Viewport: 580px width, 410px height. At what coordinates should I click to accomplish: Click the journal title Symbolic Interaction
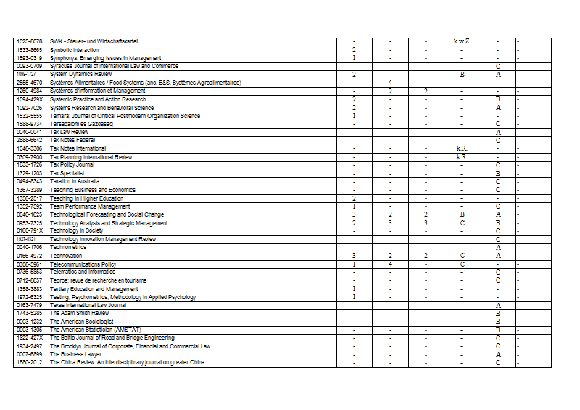pyautogui.click(x=79, y=50)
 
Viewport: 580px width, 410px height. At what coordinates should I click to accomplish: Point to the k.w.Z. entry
pyautogui.click(x=462, y=41)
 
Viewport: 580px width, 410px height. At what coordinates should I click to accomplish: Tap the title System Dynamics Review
pyautogui.click(x=80, y=75)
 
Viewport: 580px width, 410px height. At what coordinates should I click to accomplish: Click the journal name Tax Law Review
pyautogui.click(x=70, y=133)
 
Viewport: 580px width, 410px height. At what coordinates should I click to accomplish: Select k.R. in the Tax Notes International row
pyautogui.click(x=462, y=148)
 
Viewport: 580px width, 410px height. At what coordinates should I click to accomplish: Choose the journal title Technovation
pyautogui.click(x=66, y=256)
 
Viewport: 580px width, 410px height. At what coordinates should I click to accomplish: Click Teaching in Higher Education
pyautogui.click(x=86, y=198)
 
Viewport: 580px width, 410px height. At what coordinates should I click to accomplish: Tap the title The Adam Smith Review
pyautogui.click(x=80, y=313)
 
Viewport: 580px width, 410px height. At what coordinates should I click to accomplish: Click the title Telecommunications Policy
pyautogui.click(x=83, y=264)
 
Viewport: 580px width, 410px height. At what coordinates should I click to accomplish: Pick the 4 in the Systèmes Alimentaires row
pyautogui.click(x=390, y=83)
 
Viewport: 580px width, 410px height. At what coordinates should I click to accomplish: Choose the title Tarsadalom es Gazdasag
pyautogui.click(x=82, y=124)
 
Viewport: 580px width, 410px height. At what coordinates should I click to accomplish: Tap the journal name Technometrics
pyautogui.click(x=68, y=247)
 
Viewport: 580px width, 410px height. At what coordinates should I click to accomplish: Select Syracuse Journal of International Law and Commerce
pyautogui.click(x=114, y=66)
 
